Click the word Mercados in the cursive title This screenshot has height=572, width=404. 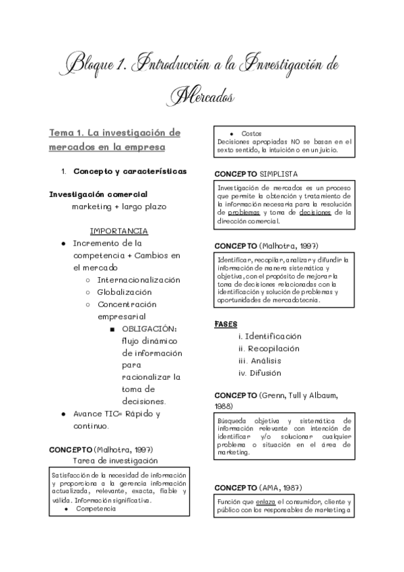tap(202, 96)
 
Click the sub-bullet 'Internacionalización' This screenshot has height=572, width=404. tap(139, 279)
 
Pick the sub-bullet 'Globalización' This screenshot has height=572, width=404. tap(125, 292)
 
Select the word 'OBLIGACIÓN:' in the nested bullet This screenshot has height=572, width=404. tap(149, 328)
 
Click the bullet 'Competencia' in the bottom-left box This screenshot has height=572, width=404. tap(96, 509)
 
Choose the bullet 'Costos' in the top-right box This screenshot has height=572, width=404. tap(251, 134)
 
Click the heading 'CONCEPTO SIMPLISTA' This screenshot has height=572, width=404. tap(257, 173)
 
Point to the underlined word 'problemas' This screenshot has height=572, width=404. tap(243, 212)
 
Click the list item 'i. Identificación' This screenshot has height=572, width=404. tap(269, 337)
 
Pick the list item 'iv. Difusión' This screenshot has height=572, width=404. tap(259, 373)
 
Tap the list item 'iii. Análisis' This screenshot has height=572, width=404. tap(259, 361)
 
